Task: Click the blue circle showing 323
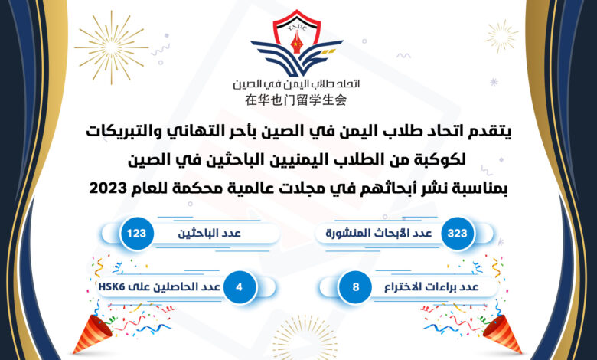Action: coord(457,233)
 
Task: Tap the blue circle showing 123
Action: coord(137,233)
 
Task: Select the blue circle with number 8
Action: coord(356,287)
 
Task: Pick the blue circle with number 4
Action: coord(239,287)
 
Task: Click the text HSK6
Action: coord(112,287)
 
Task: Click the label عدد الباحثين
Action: coord(210,233)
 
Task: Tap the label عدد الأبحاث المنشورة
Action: coord(378,233)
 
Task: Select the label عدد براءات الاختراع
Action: coord(432,287)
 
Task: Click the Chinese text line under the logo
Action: coord(296,100)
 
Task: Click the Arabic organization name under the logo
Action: coord(296,83)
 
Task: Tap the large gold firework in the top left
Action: coord(111,47)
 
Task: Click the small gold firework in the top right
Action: coord(501,36)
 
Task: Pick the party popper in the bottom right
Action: coord(503,334)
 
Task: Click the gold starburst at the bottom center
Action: coord(305,339)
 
